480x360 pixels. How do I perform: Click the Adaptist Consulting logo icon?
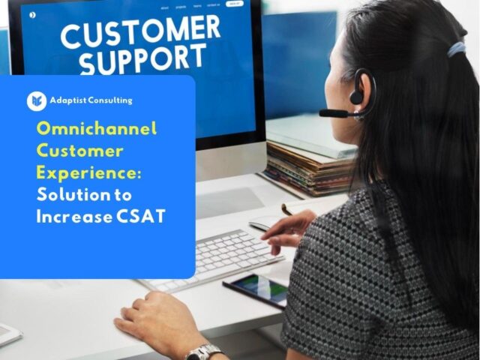tap(36, 100)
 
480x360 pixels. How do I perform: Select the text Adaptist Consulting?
tap(91, 100)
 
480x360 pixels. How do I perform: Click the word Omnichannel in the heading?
tap(97, 129)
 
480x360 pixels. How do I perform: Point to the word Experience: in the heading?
tap(88, 172)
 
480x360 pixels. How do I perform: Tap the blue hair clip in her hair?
tap(457, 49)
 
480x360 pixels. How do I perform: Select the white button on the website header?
tap(235, 4)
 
